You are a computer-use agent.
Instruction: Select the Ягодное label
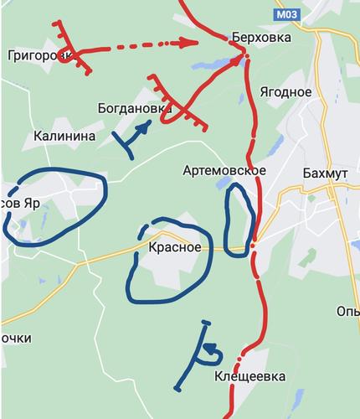point(286,92)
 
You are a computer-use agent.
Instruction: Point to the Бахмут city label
point(325,172)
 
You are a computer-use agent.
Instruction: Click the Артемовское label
point(224,171)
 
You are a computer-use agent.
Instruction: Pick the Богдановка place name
point(134,109)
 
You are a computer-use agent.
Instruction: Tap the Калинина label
point(64,135)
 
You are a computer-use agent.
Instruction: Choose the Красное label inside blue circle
point(175,247)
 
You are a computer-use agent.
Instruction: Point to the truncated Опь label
point(347,312)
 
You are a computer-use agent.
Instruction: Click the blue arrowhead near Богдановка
point(146,127)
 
